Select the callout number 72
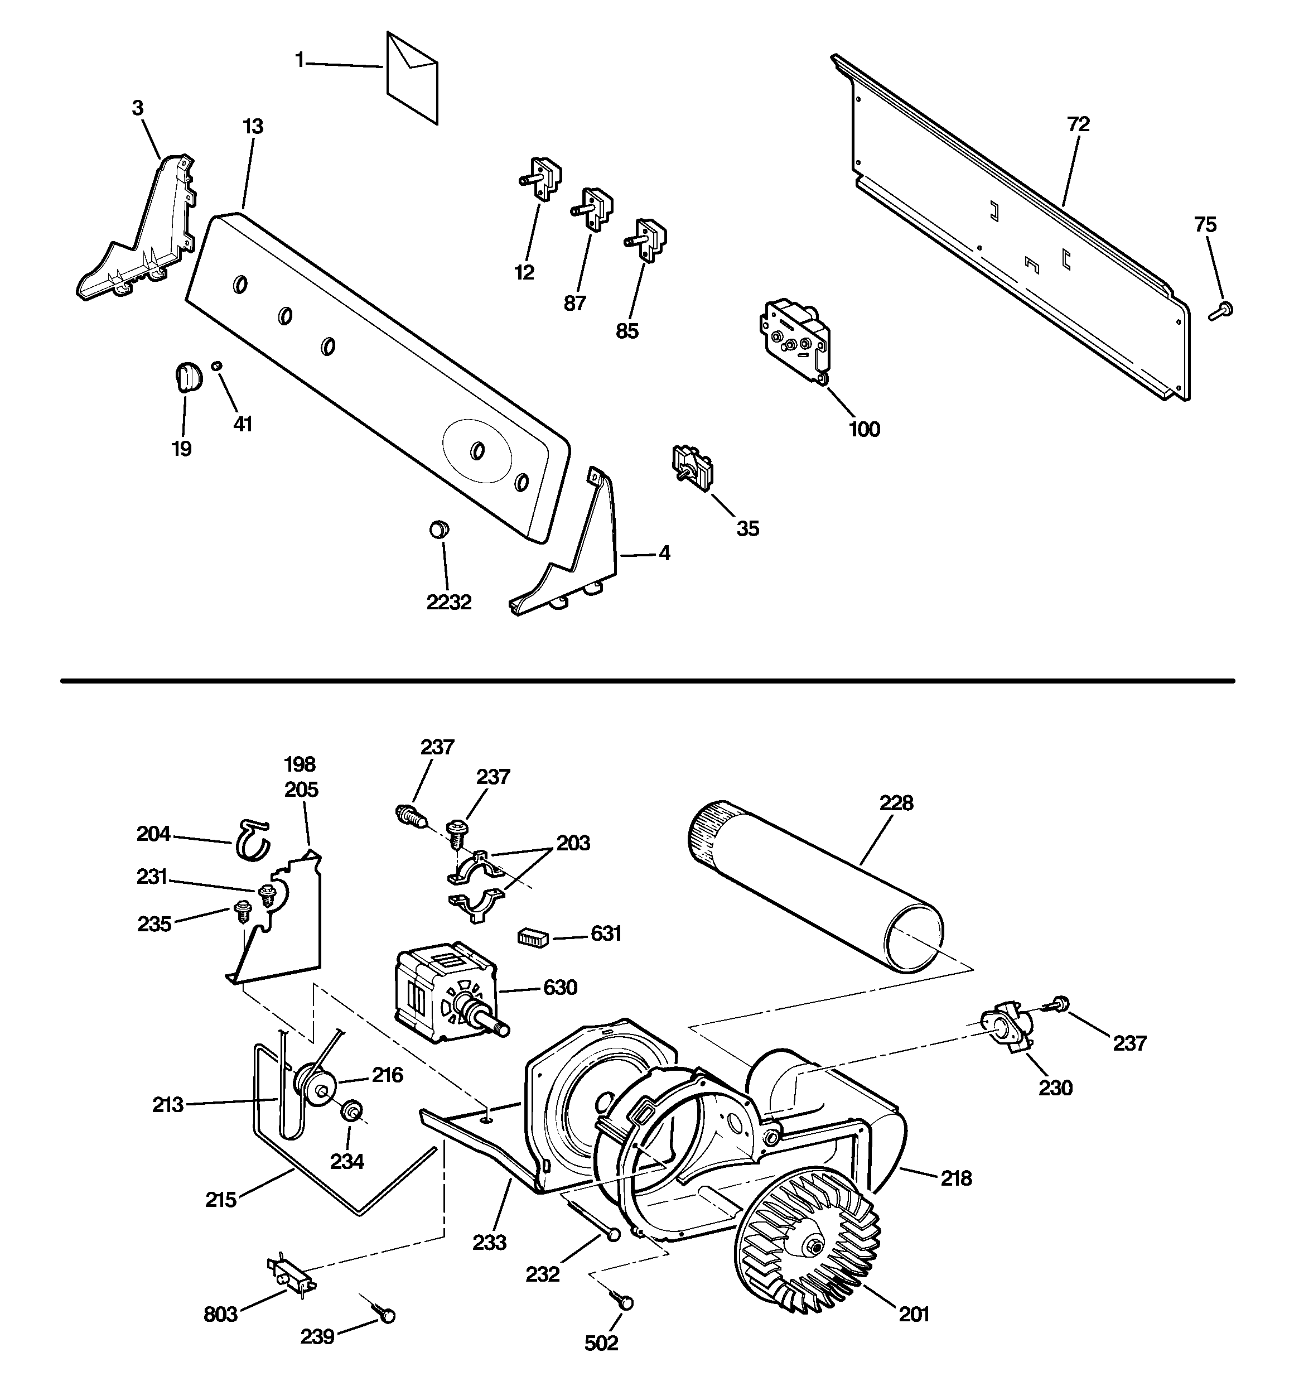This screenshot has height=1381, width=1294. [1079, 124]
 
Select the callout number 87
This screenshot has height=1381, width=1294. [574, 304]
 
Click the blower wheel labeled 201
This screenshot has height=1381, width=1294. [807, 1245]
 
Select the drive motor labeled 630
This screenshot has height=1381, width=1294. [445, 992]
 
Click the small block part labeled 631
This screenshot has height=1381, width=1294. [533, 937]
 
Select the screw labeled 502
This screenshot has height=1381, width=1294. [622, 1301]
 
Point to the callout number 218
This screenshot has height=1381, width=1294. [956, 1178]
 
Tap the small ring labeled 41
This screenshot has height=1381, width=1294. [218, 365]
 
